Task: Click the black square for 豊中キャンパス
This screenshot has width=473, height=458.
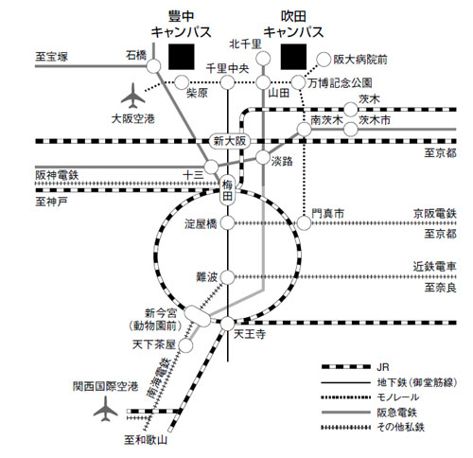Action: (x=182, y=57)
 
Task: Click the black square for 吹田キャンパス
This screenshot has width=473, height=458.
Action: (x=293, y=57)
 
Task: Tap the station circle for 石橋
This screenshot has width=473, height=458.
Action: (x=153, y=66)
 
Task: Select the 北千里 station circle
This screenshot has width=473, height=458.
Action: (x=263, y=59)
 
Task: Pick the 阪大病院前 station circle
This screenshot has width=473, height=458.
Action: (x=324, y=60)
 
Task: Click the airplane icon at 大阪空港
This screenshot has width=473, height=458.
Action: (x=133, y=96)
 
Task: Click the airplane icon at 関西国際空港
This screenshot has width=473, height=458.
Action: (x=106, y=409)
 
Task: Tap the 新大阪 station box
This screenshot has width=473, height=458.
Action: (x=230, y=141)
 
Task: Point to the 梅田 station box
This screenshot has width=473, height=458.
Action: (x=227, y=190)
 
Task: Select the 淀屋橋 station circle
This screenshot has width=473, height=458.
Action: (x=227, y=223)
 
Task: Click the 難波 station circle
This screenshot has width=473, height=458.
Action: (x=227, y=277)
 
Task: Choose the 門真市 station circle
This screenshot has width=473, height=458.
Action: (x=304, y=223)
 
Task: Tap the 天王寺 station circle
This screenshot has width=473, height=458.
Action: (x=227, y=324)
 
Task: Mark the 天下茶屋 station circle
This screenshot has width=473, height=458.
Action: (x=186, y=345)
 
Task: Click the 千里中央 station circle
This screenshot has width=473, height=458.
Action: (x=227, y=82)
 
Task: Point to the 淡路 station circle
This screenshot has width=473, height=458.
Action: (x=263, y=157)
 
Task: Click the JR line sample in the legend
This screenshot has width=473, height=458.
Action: (x=345, y=367)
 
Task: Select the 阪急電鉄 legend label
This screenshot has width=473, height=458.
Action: (x=396, y=413)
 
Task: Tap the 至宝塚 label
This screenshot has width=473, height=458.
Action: (x=52, y=57)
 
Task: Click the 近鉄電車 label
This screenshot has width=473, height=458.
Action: (x=435, y=267)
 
